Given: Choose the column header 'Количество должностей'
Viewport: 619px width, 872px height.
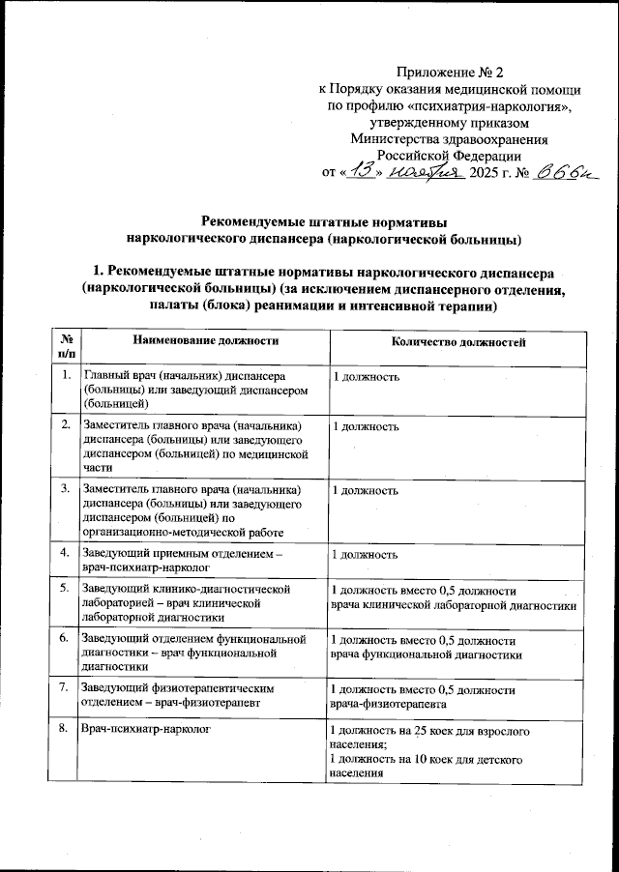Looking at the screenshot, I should pos(457,341).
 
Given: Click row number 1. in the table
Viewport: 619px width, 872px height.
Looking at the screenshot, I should pos(65,375).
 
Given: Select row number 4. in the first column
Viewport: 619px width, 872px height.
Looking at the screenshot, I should pos(65,552).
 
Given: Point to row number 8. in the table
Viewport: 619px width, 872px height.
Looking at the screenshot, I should pos(65,730).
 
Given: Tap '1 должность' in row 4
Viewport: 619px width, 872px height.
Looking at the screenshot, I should pos(365,555).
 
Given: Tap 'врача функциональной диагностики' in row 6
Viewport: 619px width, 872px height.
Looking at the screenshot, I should pos(427,654).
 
